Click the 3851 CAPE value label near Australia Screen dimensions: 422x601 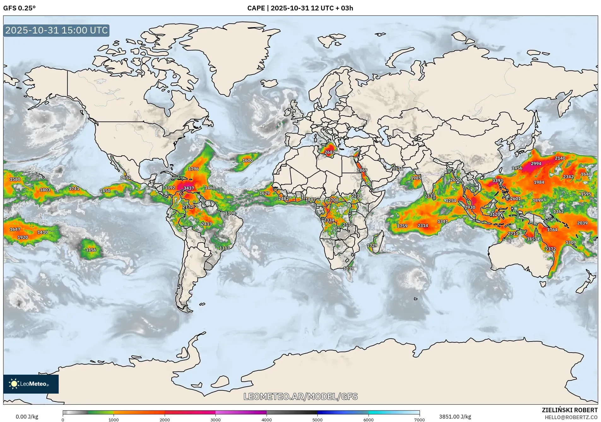click(532, 239)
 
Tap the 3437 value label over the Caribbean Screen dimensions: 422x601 click(189, 188)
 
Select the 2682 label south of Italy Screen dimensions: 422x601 click(330, 152)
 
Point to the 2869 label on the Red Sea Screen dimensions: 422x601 click(362, 170)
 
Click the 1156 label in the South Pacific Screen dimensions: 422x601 click(91, 250)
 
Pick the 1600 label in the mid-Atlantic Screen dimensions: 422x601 click(247, 160)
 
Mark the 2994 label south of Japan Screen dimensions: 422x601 click(536, 163)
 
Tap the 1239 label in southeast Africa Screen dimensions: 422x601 click(348, 268)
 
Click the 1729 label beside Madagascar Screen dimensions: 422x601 click(372, 245)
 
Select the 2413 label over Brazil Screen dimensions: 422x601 click(206, 224)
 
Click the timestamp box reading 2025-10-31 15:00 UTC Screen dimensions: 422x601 click(56, 30)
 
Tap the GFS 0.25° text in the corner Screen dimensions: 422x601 click(19, 8)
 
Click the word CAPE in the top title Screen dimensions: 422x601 click(256, 8)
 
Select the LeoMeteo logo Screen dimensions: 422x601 click(31, 384)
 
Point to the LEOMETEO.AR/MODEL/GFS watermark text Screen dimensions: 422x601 click(300, 396)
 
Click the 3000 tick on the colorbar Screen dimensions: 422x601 click(215, 420)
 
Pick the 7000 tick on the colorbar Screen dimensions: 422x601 click(419, 420)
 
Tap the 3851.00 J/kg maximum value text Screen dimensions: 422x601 click(455, 417)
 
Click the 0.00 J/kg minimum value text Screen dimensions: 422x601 click(27, 417)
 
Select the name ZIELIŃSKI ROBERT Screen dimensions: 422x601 click(569, 410)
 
